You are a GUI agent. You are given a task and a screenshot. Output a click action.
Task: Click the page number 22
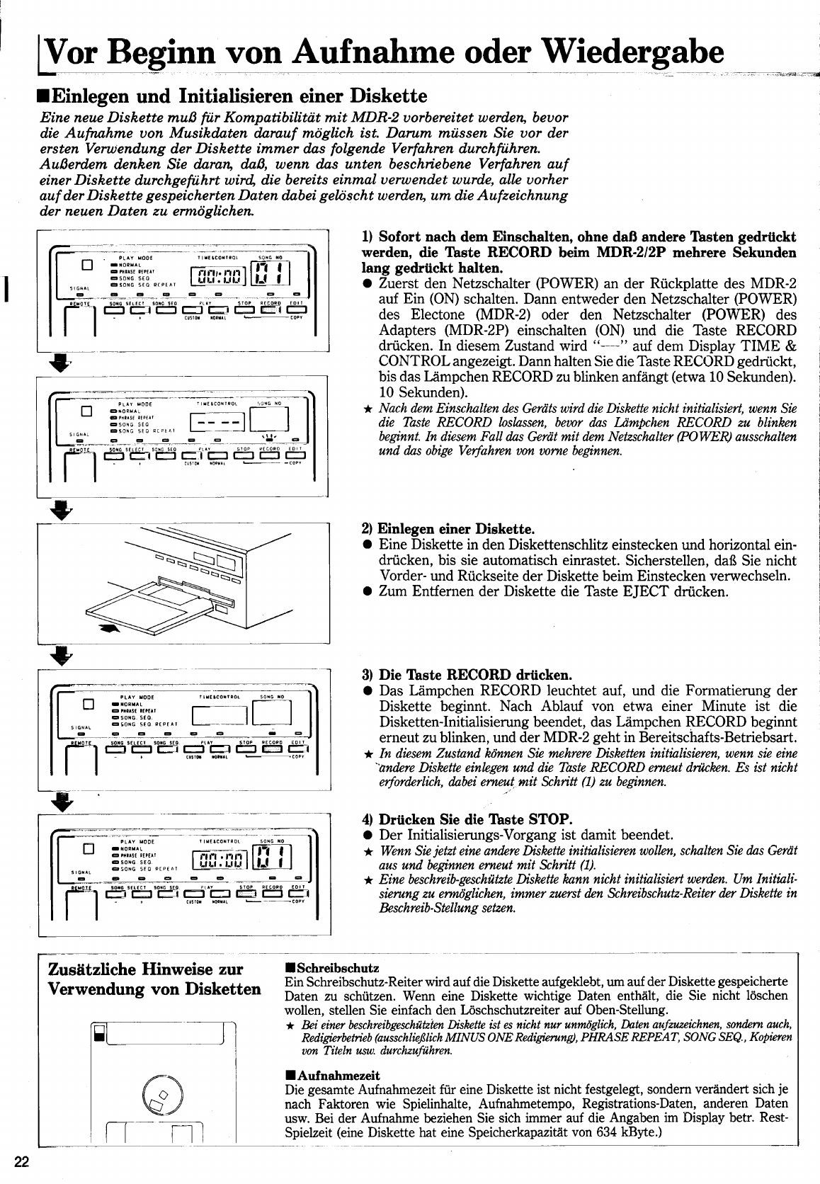[22, 1161]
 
